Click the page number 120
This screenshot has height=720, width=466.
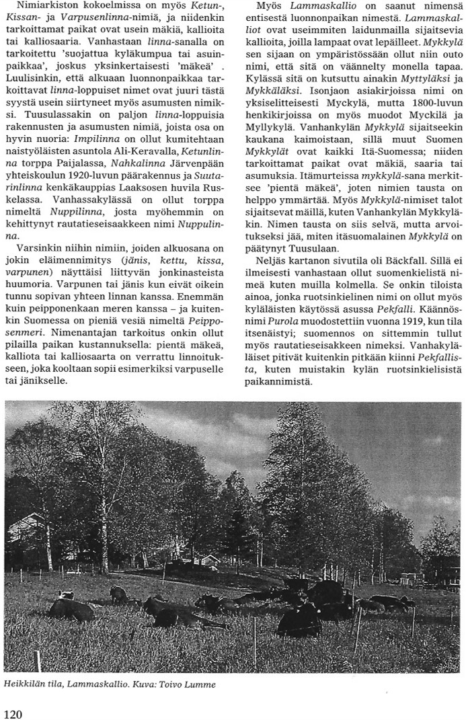13,713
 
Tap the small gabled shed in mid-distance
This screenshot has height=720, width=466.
209,559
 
